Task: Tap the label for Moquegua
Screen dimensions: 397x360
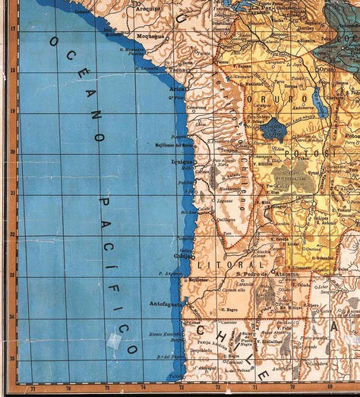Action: (150, 36)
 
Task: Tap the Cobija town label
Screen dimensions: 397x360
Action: (183, 256)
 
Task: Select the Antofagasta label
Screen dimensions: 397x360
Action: (166, 304)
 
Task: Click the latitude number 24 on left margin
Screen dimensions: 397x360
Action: (12, 316)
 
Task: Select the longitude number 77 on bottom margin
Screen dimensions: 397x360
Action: (35, 389)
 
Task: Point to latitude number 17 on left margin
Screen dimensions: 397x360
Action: (12, 27)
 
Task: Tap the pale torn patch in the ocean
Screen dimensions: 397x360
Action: (113, 340)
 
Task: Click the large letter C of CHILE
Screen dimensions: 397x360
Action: (202, 331)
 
